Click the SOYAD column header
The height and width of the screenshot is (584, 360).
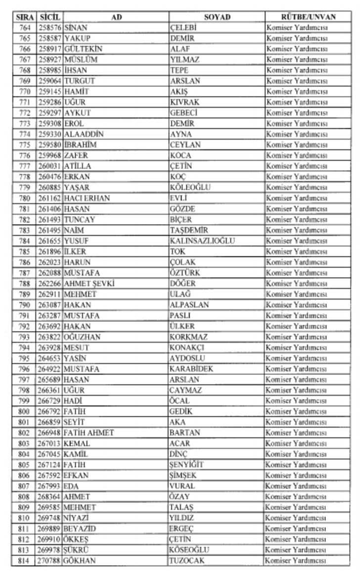217,17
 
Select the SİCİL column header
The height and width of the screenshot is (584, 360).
50,17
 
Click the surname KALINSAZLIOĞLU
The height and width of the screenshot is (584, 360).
202,241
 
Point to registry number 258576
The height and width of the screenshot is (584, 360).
50,28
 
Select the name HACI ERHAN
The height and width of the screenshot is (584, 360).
87,198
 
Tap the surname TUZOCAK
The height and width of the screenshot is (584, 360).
187,561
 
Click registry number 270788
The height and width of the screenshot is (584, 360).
50,561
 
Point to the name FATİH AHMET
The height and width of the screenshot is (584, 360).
89,433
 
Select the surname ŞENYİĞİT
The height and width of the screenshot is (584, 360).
186,465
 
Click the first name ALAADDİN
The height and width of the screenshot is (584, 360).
83,134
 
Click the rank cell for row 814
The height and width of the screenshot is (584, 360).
296,561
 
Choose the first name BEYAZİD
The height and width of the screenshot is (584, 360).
80,529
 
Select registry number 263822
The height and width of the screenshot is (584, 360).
50,337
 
